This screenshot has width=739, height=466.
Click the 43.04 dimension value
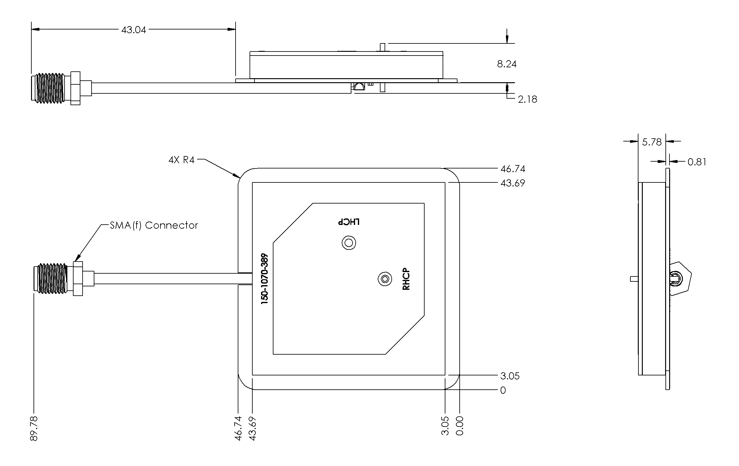click(133, 30)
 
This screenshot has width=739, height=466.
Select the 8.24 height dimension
click(507, 64)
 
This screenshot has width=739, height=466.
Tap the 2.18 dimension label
click(527, 100)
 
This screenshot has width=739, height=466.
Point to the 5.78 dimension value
click(651, 142)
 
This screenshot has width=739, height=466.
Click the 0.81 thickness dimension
click(697, 162)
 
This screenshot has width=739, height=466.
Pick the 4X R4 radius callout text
click(181, 160)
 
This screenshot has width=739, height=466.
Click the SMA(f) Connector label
click(154, 226)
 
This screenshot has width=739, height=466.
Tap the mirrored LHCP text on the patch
click(349, 222)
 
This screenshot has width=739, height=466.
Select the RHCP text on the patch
click(406, 279)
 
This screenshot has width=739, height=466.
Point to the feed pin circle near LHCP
click(349, 243)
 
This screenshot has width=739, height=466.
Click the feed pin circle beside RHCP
click(385, 279)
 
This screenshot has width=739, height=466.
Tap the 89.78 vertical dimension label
click(34, 428)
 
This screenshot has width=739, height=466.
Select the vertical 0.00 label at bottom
click(460, 426)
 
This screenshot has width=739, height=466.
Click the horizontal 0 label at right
click(503, 390)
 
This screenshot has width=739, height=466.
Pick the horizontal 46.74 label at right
click(512, 169)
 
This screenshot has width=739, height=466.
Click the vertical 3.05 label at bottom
click(445, 426)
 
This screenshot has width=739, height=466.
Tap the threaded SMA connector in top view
click(50, 88)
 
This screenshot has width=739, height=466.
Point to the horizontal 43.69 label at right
click(512, 183)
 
